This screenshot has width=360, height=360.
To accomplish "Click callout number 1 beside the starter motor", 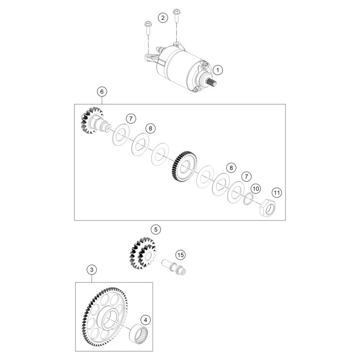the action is pos(218,70).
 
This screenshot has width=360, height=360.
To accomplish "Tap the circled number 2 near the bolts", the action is pos(163,17).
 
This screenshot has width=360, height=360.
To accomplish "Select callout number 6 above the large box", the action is pos(102,92).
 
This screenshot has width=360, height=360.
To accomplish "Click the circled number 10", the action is pos(255,189).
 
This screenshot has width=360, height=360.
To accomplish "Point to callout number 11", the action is pos(277,192).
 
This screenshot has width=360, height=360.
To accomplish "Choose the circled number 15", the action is pos(180,255).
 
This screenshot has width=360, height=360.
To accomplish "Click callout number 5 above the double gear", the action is pos(156,229).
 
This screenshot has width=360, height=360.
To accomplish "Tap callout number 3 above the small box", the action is pos(92,269).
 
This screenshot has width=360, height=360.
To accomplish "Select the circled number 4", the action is pos(145,320).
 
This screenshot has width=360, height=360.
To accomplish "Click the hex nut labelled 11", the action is pos(267,208).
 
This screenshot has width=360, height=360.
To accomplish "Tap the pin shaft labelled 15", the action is pos(174,266).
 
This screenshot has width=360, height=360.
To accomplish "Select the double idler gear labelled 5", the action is pos(143,253).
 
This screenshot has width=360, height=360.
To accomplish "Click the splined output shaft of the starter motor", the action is pos(211,82).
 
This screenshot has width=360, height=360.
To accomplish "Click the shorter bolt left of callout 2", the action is pos(148,28).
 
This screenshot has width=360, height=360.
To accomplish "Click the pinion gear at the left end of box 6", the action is pos(92,121).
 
